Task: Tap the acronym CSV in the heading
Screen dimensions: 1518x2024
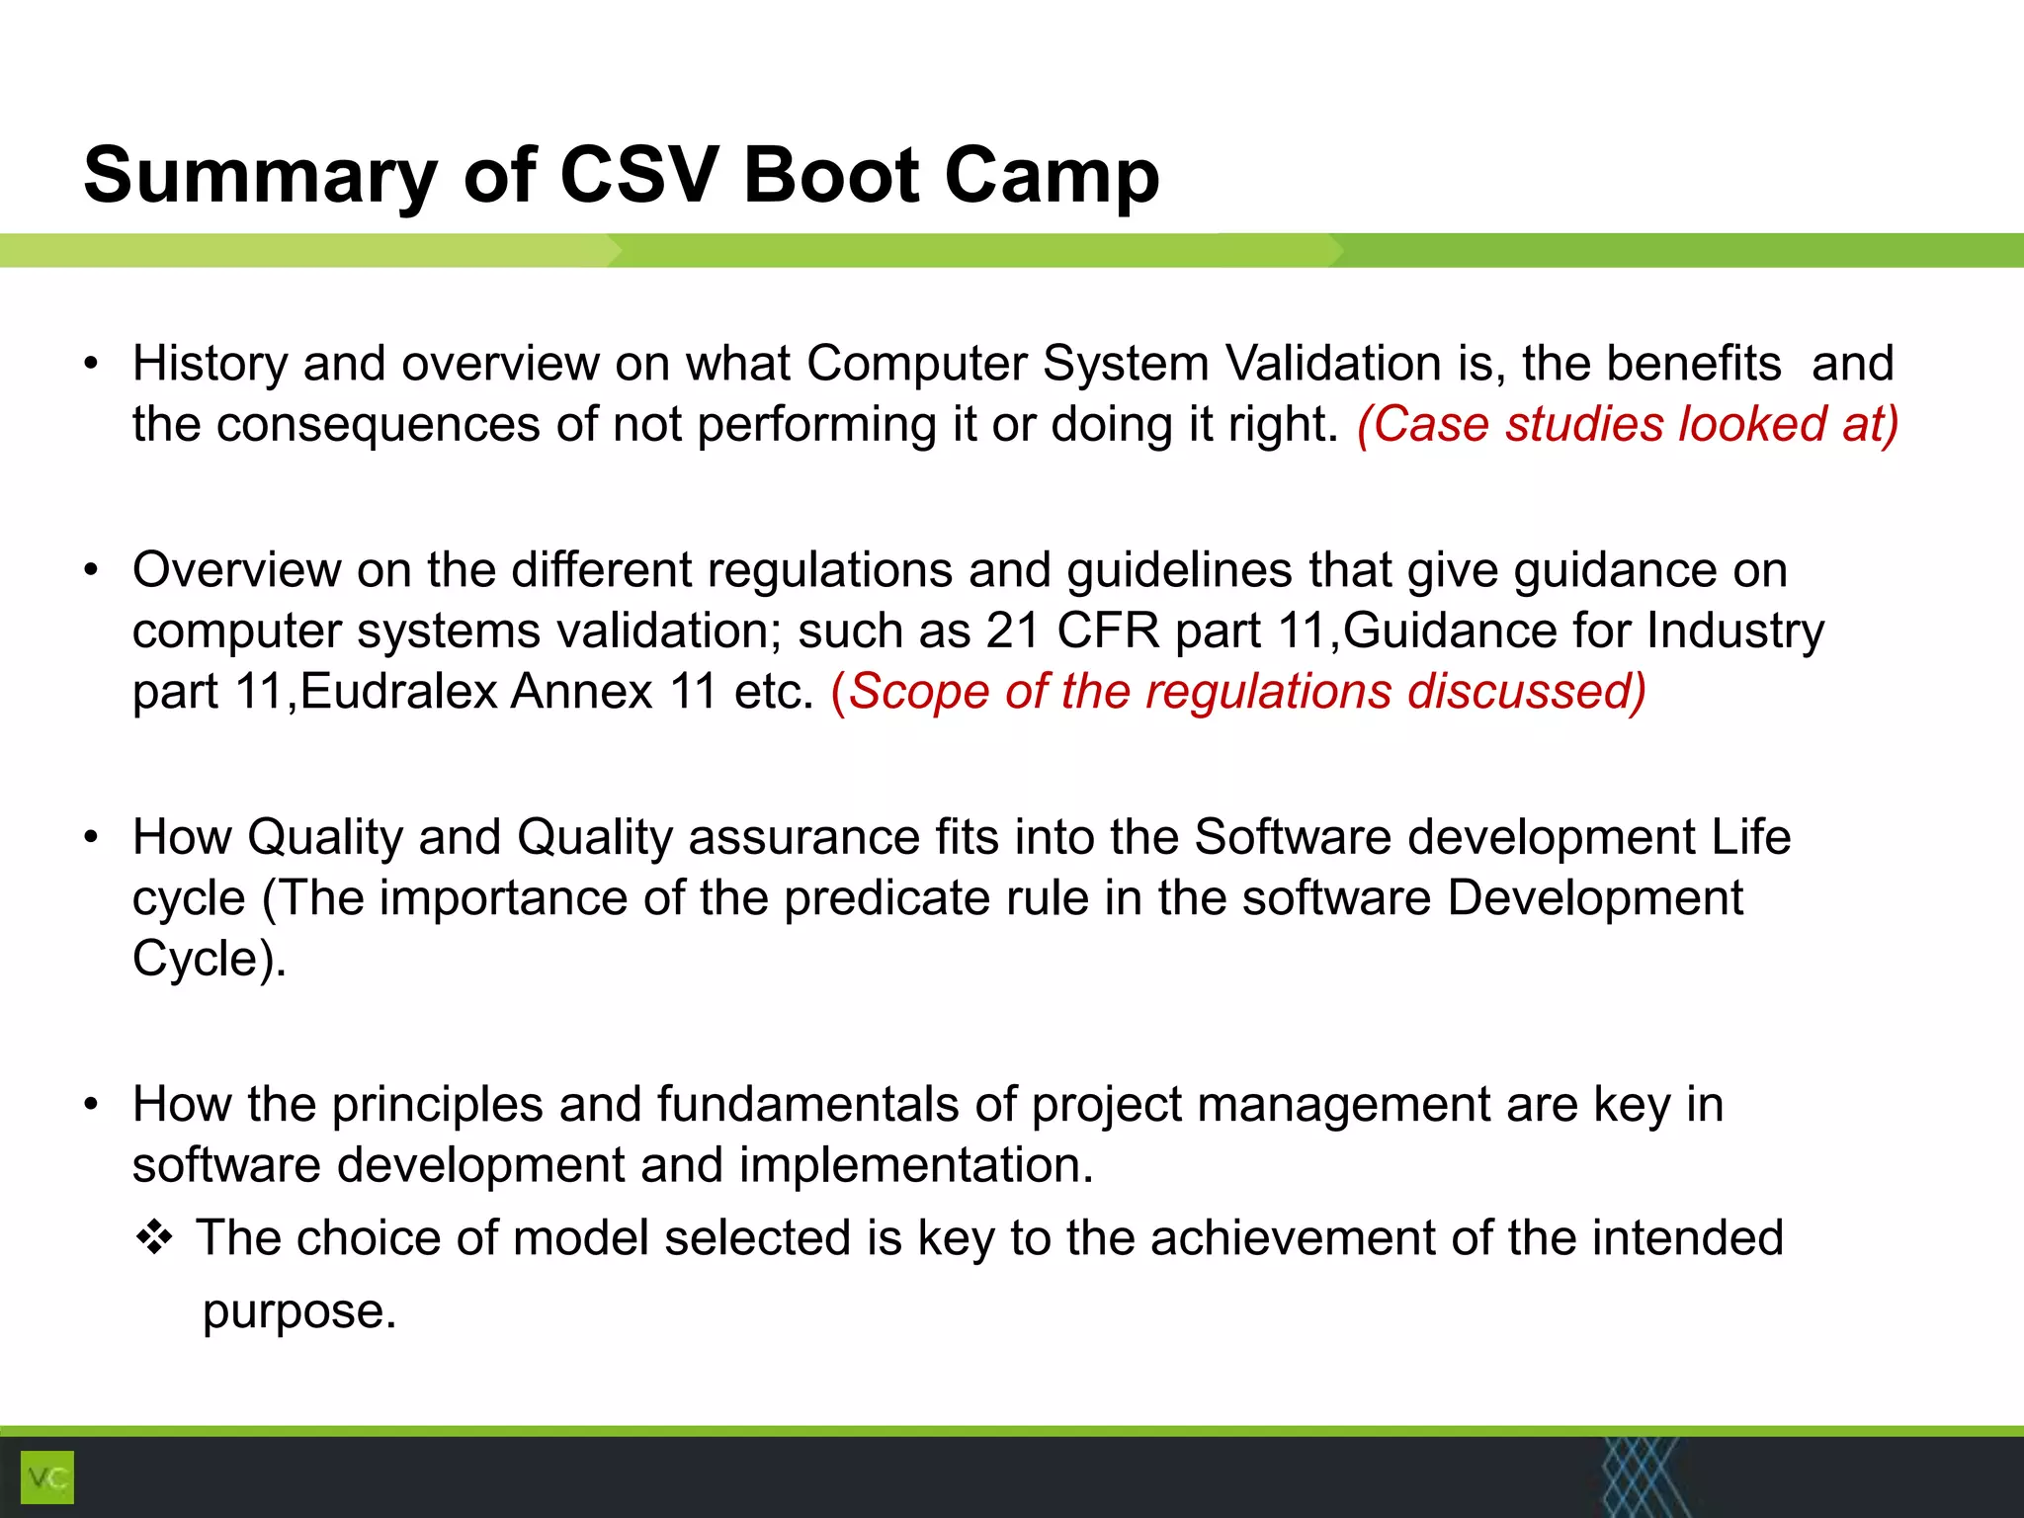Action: click(x=637, y=176)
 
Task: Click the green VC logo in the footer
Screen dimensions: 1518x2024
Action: click(x=46, y=1477)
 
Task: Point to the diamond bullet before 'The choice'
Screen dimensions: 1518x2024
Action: click(x=155, y=1237)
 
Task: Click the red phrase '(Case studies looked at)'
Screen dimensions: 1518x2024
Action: click(x=1627, y=425)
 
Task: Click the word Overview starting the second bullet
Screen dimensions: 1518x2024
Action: click(x=236, y=570)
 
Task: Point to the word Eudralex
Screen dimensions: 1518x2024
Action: click(x=398, y=691)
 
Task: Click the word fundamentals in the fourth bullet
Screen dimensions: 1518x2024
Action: click(x=807, y=1104)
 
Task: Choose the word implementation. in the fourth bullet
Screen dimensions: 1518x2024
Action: click(x=916, y=1165)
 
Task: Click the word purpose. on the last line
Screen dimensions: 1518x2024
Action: click(x=299, y=1311)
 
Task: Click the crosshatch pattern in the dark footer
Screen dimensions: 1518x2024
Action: click(x=1639, y=1477)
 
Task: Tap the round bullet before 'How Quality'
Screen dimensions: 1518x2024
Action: click(x=92, y=838)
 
